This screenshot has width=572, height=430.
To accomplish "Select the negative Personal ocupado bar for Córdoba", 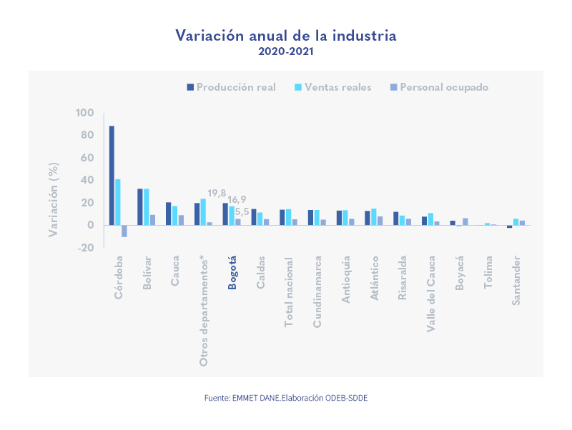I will pos(124,231).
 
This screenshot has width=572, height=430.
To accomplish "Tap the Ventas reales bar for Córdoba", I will pos(118,202).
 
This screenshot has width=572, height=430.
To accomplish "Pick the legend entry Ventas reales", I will pos(333,87).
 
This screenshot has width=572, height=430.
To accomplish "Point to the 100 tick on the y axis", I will pos(84,113).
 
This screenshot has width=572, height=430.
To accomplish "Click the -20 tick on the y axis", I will pos(84,248).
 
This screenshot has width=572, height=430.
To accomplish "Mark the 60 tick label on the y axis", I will pos(87,158).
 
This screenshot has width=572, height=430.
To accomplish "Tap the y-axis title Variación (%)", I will pos(54,199).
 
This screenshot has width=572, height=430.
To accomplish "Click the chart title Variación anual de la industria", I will pos(286,36).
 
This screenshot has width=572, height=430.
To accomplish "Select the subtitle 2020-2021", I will pos(286,51).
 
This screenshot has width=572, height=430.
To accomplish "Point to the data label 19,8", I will pos(217,194).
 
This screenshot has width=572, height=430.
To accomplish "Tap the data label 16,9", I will pos(237,199).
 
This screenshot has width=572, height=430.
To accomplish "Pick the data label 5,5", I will pos(242,212).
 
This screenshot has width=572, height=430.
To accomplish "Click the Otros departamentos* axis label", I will pos(203,310).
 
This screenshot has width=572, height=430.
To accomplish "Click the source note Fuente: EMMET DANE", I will pos(286,397).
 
